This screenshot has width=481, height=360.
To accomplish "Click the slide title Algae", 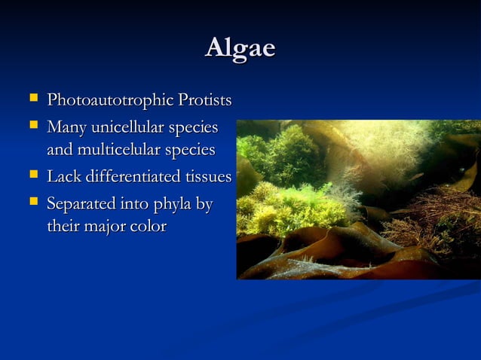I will [240, 48].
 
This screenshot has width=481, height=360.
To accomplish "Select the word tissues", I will [208, 178].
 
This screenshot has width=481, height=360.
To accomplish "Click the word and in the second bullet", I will [59, 151].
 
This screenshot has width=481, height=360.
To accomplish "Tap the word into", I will [136, 203].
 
